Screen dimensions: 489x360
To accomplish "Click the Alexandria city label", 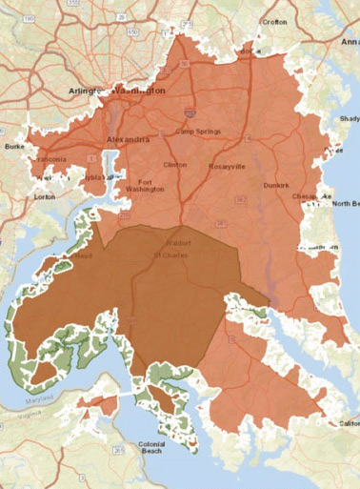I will tap(129, 139).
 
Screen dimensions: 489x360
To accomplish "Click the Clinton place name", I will tap(175, 165).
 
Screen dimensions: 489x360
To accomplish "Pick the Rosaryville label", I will tap(227, 167).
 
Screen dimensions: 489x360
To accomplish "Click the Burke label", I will tap(14, 147).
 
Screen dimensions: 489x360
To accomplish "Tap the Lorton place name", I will tap(44, 196).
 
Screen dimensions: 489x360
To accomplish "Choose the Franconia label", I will tap(50, 160).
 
